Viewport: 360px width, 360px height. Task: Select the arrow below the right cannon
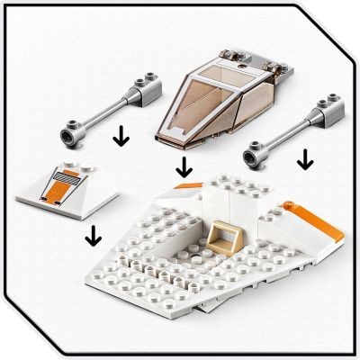[305, 159]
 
